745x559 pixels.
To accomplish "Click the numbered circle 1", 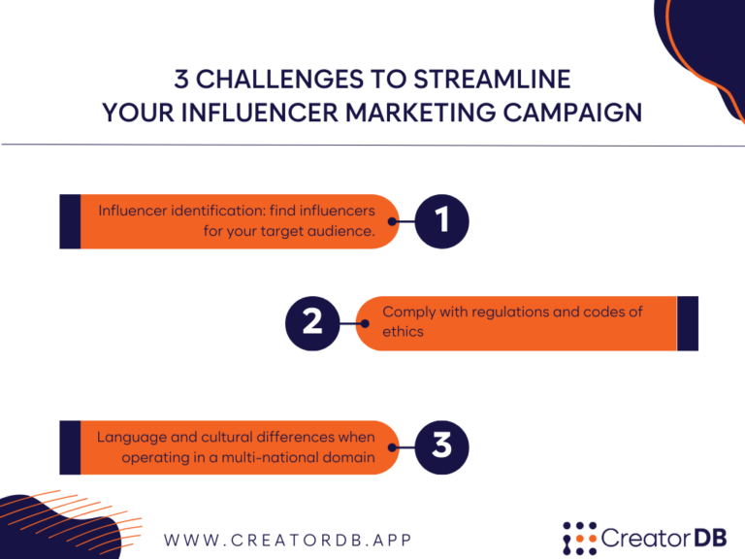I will click(x=443, y=221).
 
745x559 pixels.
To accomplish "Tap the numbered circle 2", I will click(x=312, y=322).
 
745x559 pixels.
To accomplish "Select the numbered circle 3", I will click(x=442, y=446).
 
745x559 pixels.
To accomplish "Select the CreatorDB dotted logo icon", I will click(x=579, y=538).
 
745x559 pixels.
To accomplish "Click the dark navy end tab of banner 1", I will click(x=70, y=221).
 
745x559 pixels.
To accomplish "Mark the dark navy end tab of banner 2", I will click(x=687, y=322).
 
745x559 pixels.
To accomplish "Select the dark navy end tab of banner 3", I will click(x=70, y=446).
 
